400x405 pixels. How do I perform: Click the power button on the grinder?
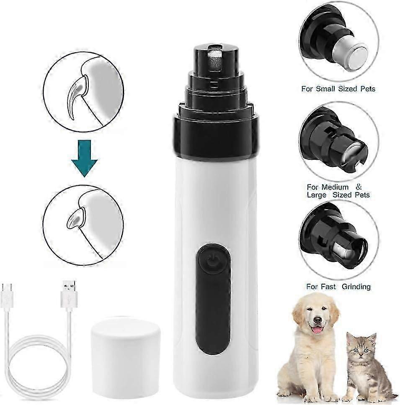[212, 259]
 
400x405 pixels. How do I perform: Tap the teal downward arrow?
[84, 158]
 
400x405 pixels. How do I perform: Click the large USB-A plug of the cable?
[69, 294]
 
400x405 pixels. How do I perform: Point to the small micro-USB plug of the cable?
[7, 295]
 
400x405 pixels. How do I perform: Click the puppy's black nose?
[317, 320]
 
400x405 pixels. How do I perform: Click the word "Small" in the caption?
[325, 89]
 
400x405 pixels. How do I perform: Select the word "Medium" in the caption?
[335, 187]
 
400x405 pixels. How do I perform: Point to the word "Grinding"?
[356, 287]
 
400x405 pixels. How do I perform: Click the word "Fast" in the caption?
[328, 287]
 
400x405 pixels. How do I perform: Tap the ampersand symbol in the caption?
[359, 187]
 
